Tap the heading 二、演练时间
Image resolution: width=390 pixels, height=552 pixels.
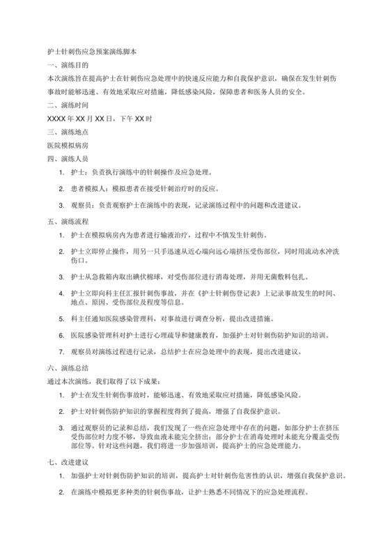[x=65, y=105]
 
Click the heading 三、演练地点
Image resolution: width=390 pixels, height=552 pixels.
[x=65, y=132]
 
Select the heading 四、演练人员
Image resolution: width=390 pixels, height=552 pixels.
[x=65, y=158]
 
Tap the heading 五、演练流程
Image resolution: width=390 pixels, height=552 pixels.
[x=65, y=222]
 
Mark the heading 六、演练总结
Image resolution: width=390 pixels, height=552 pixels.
[x=65, y=367]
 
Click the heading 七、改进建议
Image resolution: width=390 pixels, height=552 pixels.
[x=65, y=461]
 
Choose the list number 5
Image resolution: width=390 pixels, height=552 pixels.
[x=62, y=317]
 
